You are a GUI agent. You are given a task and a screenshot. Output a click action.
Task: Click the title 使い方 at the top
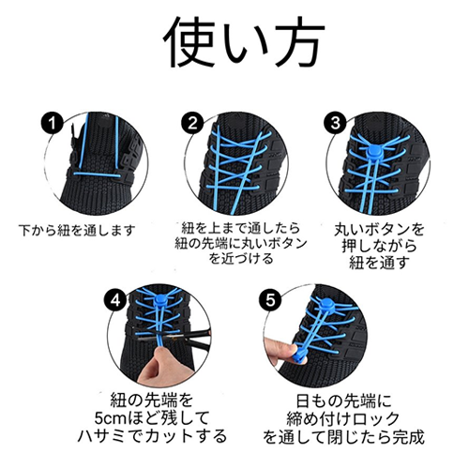point(244,42)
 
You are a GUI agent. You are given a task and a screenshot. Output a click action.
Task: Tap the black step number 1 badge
point(53,124)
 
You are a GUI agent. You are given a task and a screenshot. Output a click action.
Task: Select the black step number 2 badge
point(192,124)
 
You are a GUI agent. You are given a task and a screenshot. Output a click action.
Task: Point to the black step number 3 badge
point(335,124)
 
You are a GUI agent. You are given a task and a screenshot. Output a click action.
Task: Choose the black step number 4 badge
point(115,301)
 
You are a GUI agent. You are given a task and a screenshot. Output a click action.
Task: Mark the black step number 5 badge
point(270,301)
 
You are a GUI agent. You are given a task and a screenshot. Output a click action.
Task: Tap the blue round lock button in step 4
point(161,301)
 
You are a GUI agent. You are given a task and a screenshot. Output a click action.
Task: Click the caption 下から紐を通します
point(77,231)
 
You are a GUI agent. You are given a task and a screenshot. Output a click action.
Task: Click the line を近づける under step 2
point(241,259)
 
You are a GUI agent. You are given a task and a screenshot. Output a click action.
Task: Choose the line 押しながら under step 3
point(379,247)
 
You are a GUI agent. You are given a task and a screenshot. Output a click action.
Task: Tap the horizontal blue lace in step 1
point(98,174)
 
